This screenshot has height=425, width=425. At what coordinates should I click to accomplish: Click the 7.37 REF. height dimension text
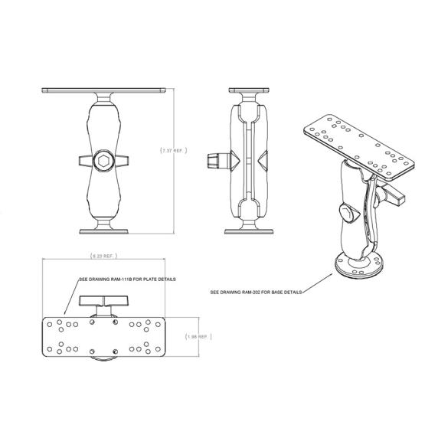[x=173, y=151]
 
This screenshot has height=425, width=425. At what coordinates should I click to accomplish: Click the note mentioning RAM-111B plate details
[x=127, y=280]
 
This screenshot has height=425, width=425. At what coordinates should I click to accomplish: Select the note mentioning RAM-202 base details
[x=256, y=292]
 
